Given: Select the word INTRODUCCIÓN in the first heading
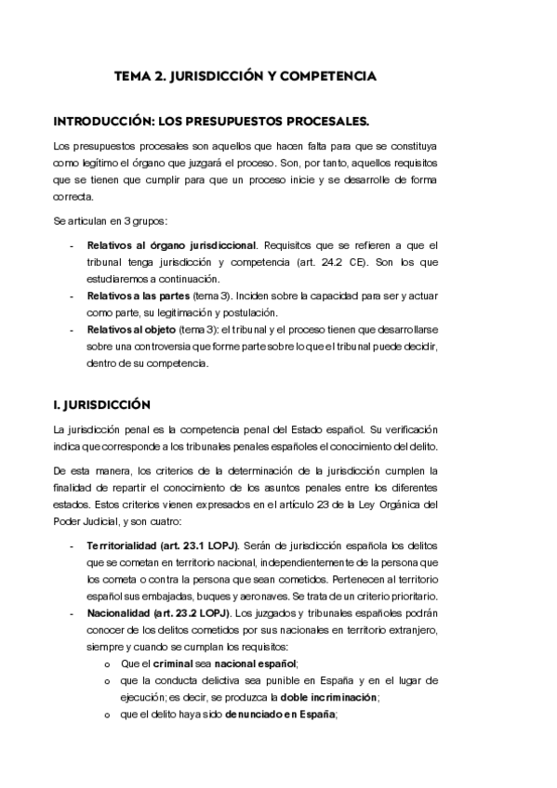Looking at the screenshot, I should (104, 122).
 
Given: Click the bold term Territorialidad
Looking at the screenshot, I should (126, 544).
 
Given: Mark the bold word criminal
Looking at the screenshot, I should (169, 663).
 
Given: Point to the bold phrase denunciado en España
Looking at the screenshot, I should (280, 714).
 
